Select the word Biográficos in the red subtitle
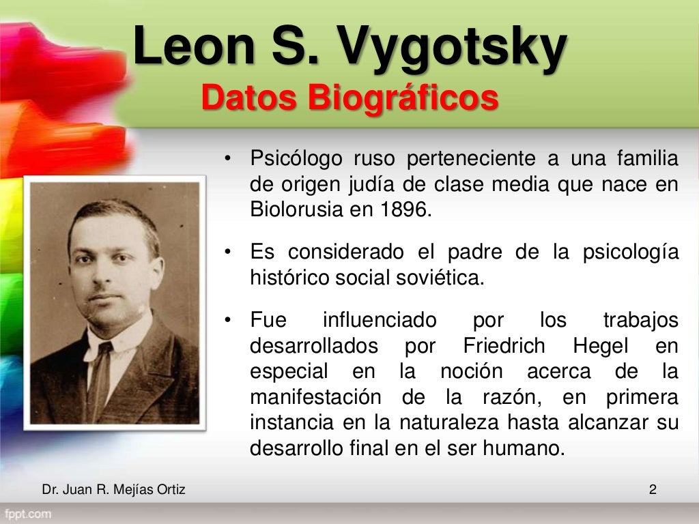(x=402, y=99)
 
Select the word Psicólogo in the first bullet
(x=296, y=160)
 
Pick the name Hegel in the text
(x=601, y=346)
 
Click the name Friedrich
(x=504, y=346)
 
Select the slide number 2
(x=653, y=489)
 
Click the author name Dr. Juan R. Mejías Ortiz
(x=113, y=489)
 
